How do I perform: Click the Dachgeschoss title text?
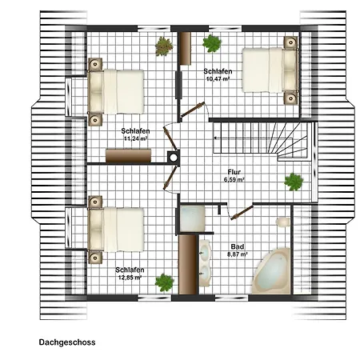tap(67, 342)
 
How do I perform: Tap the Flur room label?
tap(234, 172)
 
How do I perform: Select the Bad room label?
tap(238, 246)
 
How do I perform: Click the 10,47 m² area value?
tap(218, 78)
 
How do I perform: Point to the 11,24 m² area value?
tap(136, 138)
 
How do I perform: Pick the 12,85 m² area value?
tap(130, 278)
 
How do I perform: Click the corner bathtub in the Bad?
tap(271, 271)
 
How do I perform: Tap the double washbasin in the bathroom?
tap(205, 263)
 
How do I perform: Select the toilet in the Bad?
tap(283, 222)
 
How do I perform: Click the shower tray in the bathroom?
tap(192, 219)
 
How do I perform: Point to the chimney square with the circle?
tap(174, 157)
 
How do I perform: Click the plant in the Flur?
tap(294, 182)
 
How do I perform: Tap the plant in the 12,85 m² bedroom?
tap(165, 282)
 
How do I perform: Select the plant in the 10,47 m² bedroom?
tap(212, 43)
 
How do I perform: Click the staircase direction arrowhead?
tap(214, 138)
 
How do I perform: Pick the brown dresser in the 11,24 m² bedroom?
tap(128, 156)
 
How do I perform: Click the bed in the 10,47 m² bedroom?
tap(270, 70)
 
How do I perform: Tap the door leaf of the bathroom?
tap(242, 213)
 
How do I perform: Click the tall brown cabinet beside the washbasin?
tap(188, 265)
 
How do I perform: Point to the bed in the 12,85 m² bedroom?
tap(116, 230)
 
